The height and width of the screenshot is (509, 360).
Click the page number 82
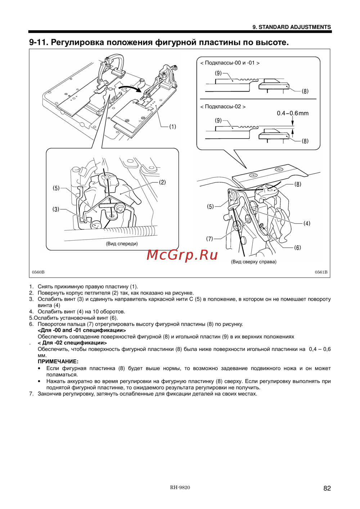[327, 488]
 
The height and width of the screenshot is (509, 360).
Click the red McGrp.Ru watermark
[182, 255]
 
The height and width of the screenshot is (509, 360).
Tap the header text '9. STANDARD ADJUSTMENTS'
[292, 27]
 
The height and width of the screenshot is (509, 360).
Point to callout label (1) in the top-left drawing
[172, 127]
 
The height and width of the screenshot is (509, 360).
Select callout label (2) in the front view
[162, 182]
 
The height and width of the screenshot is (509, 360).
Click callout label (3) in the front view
[56, 209]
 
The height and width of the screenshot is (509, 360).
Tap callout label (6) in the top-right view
[297, 247]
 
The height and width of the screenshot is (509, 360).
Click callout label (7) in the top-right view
[210, 238]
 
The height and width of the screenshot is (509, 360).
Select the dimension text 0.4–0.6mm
[293, 113]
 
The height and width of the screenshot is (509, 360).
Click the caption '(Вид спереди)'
[122, 244]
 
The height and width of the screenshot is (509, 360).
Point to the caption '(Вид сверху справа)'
[254, 262]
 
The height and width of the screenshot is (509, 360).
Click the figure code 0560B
[38, 272]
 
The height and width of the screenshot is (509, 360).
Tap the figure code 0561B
[321, 272]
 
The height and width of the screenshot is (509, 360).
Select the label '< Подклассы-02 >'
[223, 106]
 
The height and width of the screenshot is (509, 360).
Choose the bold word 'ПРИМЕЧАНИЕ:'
[58, 361]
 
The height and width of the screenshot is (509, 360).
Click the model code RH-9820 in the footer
[180, 487]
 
